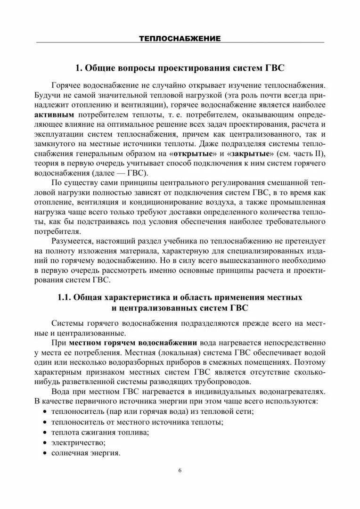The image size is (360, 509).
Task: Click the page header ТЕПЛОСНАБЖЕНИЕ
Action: [x=180, y=38]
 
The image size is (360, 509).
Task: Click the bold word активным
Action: [x=54, y=115]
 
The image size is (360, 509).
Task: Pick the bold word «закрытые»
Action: [x=250, y=154]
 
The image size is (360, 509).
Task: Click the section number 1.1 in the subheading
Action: [x=65, y=298]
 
